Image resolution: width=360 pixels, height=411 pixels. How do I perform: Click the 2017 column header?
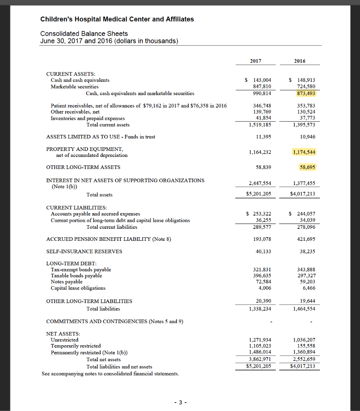tap(255, 61)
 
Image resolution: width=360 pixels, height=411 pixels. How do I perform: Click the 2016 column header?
tap(299, 61)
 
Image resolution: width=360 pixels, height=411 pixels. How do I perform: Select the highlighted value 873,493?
tap(306, 94)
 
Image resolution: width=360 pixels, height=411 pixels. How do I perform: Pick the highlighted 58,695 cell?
tap(308, 167)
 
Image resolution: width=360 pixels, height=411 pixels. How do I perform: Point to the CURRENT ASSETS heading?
tap(71, 74)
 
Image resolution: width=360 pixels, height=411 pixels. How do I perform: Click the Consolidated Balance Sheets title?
tap(84, 34)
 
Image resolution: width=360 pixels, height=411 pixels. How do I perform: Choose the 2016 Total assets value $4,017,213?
tap(303, 195)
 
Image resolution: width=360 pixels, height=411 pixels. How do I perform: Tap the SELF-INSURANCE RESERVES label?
tap(84, 252)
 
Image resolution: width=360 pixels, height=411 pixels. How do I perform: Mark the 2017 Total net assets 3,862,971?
tap(260, 359)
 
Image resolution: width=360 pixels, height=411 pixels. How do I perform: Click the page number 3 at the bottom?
tap(180, 403)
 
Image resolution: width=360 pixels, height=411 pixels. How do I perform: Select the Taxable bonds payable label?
tap(76, 276)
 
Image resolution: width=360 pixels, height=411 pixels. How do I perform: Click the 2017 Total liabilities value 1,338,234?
tap(260, 309)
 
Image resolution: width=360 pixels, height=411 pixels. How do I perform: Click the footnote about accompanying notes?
tap(110, 374)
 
